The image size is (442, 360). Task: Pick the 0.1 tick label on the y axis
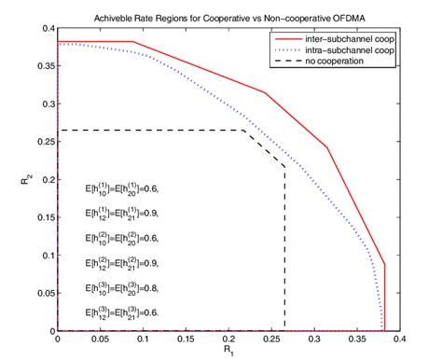pos(45,256)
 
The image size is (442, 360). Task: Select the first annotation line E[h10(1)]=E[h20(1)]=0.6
pos(121,188)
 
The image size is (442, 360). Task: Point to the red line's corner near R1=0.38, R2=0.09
pos(384,264)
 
